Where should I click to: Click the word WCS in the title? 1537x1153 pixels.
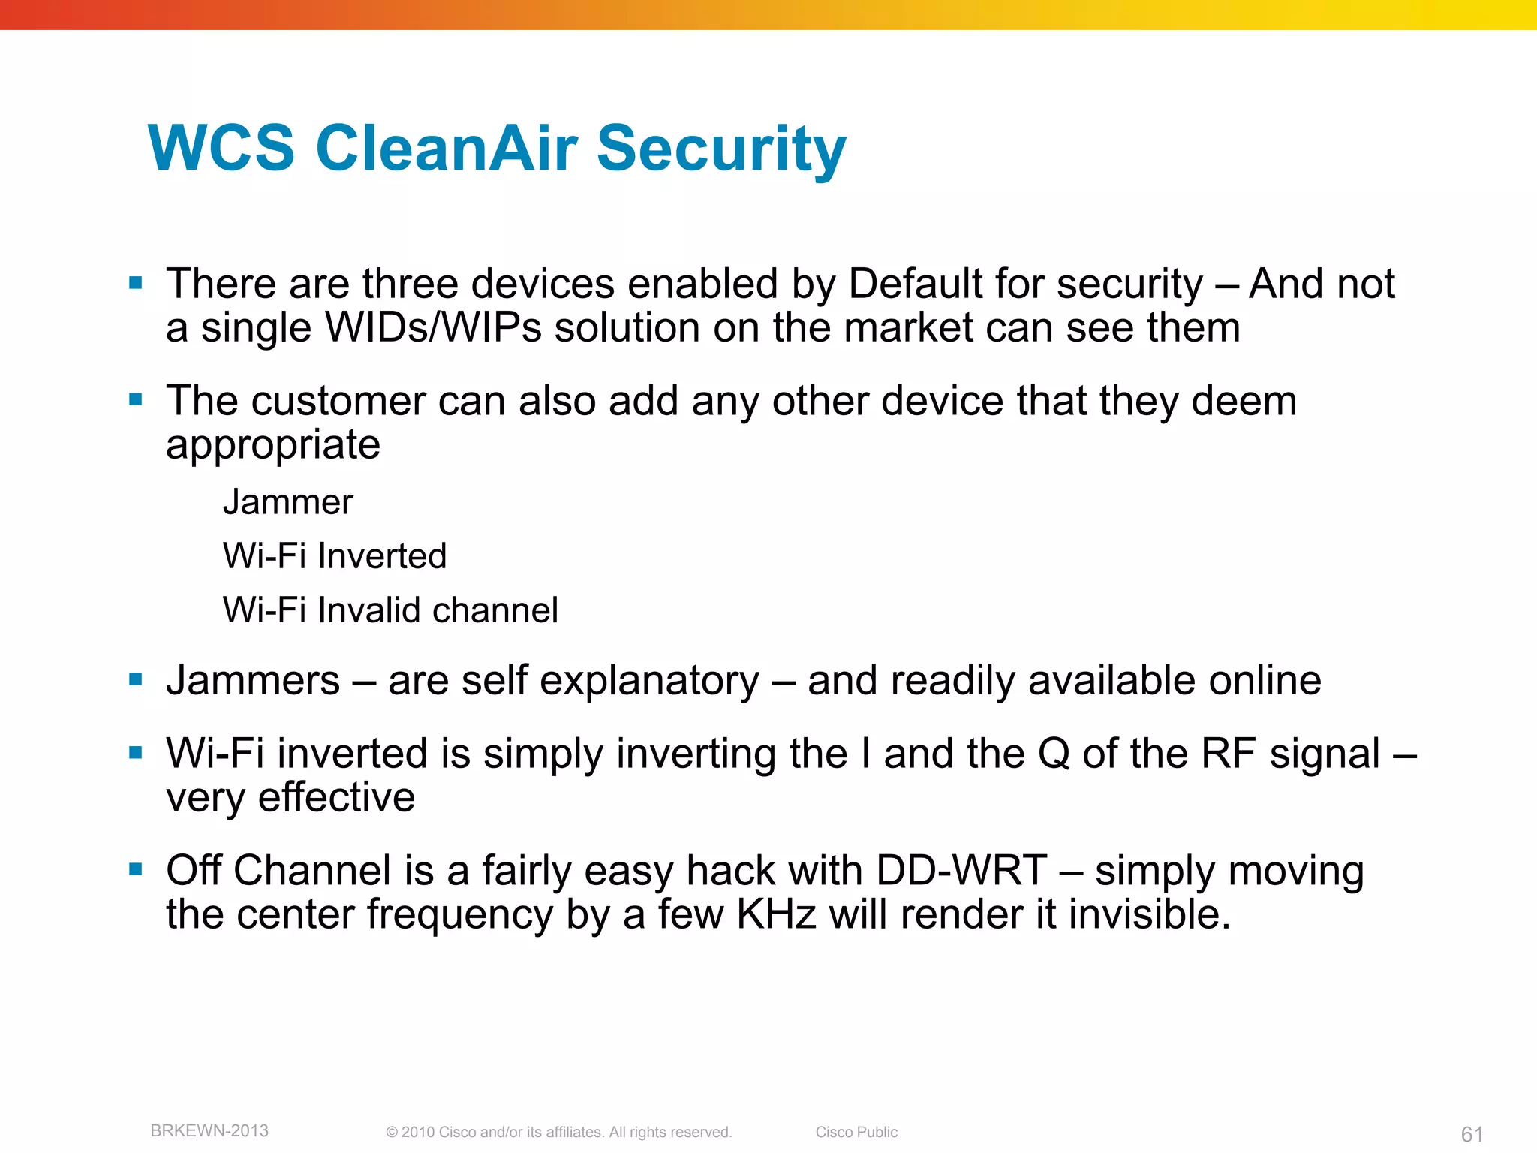click(222, 148)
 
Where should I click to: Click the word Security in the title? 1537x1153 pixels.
click(720, 148)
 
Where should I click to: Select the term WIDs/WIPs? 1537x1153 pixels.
click(432, 328)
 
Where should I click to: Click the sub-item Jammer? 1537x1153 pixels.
click(287, 502)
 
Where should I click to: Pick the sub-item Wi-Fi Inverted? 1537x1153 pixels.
click(335, 556)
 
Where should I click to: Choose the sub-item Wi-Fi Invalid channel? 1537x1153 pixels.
click(390, 610)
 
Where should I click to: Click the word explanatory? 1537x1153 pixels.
click(649, 682)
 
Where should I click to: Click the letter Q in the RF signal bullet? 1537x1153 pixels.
click(1054, 754)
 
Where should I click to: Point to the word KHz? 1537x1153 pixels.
click(776, 914)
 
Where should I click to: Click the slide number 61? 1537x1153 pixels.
click(1472, 1134)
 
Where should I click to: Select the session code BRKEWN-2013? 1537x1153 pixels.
click(209, 1131)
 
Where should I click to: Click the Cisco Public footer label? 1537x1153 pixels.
click(856, 1132)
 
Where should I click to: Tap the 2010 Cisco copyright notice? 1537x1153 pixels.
click(558, 1132)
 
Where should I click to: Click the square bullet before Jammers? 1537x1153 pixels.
click(136, 680)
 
